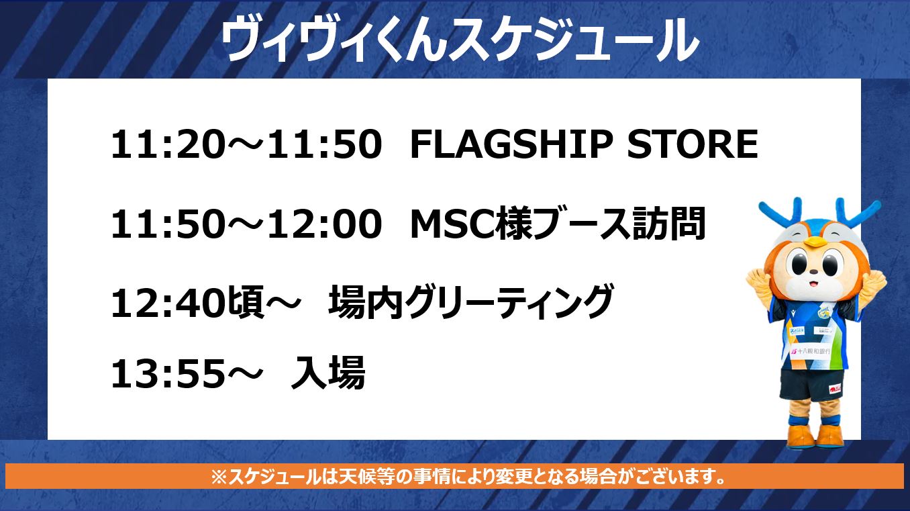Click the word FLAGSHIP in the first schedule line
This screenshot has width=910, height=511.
tap(511, 144)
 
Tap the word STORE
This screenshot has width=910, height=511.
tap(693, 144)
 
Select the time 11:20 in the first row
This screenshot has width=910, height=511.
tap(167, 144)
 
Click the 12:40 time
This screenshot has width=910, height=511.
tap(167, 304)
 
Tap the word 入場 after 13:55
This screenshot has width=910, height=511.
tap(328, 373)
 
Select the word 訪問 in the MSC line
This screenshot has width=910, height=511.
tap(668, 224)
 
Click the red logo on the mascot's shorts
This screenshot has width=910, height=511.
tap(836, 389)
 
